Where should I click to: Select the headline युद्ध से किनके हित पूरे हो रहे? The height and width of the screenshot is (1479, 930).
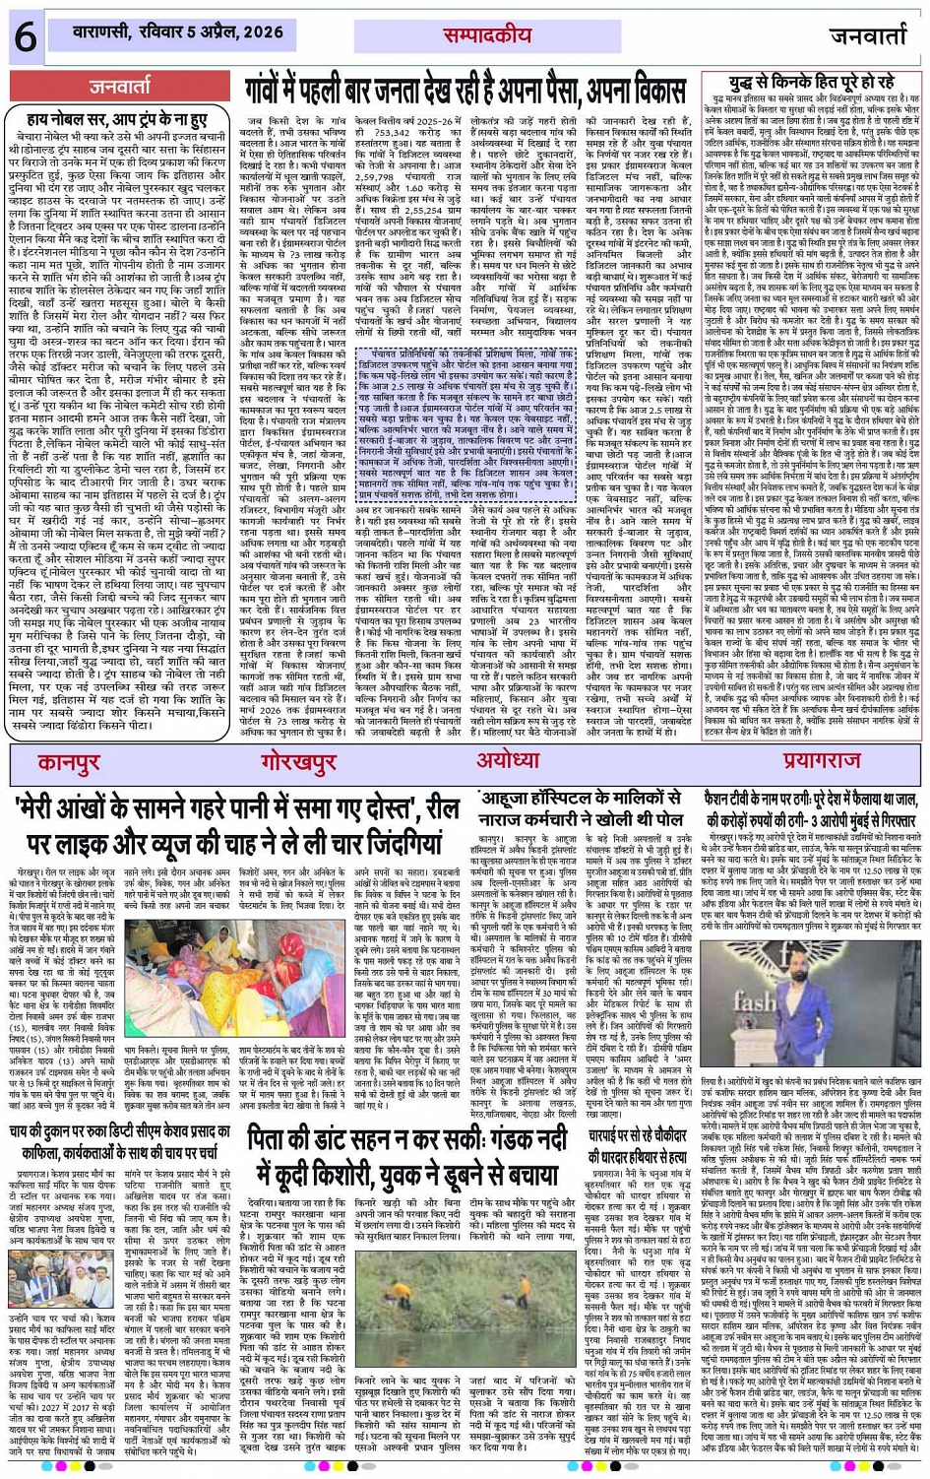(x=813, y=81)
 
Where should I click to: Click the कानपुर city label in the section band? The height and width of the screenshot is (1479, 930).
(x=69, y=762)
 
